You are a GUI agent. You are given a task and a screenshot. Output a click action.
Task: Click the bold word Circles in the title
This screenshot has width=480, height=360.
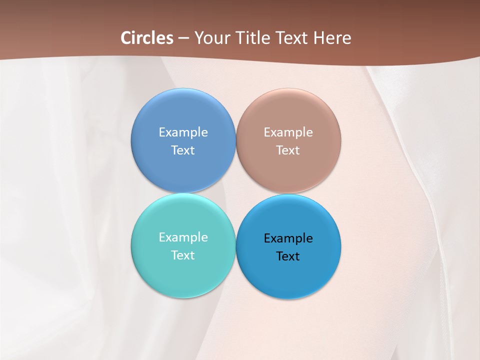(147, 38)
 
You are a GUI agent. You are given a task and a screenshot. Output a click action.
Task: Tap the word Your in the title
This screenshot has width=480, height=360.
(210, 38)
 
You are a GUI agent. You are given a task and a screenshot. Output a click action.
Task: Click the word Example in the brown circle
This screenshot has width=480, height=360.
(288, 132)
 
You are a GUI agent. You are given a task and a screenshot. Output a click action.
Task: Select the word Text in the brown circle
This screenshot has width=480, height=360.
(288, 150)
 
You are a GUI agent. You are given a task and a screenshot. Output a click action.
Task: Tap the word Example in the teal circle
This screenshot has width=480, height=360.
(183, 237)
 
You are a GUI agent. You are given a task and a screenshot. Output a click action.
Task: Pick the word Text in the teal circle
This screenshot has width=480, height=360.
(183, 255)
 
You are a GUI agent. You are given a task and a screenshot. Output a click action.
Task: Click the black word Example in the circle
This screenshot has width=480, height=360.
(288, 238)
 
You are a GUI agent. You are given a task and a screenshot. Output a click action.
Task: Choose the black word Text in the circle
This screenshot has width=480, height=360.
(288, 256)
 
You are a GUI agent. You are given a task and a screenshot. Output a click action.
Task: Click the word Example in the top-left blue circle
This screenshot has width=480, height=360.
(183, 132)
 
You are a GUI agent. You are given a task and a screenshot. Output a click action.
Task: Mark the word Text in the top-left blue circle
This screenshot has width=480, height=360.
(183, 150)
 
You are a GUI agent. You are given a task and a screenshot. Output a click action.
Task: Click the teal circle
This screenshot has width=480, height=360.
(183, 275)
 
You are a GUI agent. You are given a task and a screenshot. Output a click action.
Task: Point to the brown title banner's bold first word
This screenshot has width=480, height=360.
(147, 38)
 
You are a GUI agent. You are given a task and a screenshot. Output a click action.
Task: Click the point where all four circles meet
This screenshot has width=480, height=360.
(235, 193)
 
